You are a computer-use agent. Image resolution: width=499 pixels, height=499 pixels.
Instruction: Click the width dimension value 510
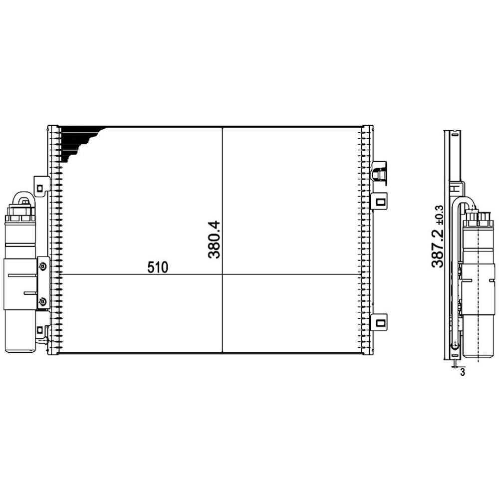click(x=158, y=267)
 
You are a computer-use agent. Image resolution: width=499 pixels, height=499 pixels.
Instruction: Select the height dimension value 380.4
click(x=214, y=240)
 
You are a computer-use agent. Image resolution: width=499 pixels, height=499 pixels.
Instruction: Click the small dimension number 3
click(x=463, y=372)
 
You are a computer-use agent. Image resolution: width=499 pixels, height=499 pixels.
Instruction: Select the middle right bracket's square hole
click(x=381, y=202)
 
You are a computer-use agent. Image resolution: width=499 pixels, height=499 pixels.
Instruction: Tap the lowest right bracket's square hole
click(x=381, y=322)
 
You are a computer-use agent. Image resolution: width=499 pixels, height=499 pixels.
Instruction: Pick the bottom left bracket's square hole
click(x=40, y=329)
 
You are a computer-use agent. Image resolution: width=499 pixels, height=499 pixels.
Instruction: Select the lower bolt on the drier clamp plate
click(x=42, y=301)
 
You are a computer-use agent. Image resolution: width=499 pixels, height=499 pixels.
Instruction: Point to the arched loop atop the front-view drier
click(x=22, y=198)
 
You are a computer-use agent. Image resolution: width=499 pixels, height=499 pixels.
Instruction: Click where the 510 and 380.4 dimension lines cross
click(x=222, y=274)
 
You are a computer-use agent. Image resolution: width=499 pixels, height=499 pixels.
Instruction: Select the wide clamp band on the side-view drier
click(x=477, y=289)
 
